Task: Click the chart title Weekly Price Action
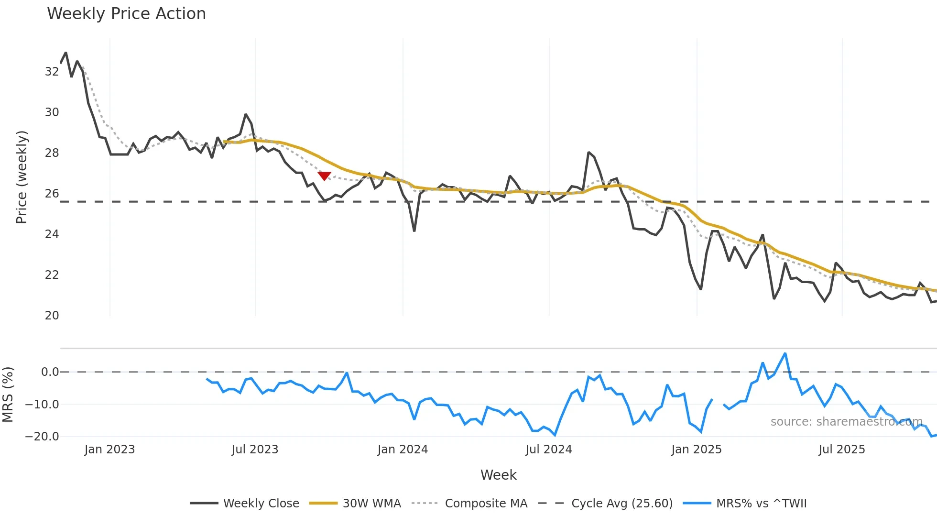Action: click(126, 13)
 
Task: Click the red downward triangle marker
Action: click(324, 176)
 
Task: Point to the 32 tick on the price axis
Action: click(52, 72)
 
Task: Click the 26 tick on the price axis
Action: click(52, 194)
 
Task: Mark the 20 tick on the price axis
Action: click(52, 316)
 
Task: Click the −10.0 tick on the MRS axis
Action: click(42, 405)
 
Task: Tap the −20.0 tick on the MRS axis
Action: click(42, 437)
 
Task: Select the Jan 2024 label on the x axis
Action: click(403, 450)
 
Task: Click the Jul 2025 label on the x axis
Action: click(841, 450)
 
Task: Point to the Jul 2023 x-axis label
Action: click(255, 450)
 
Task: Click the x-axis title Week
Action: click(498, 475)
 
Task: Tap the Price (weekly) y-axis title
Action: click(22, 177)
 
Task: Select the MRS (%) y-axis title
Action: click(8, 395)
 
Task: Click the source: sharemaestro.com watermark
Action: click(846, 422)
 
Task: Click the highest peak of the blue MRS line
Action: click(785, 354)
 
